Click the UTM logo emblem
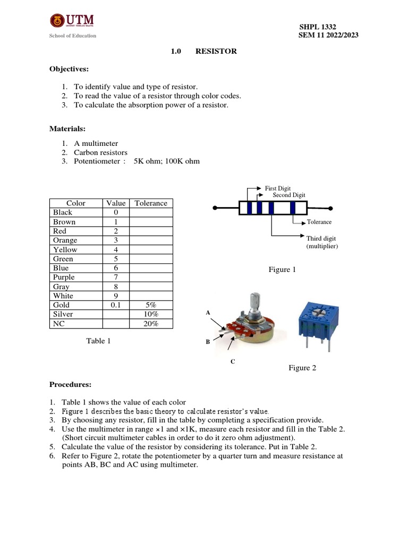click(x=56, y=21)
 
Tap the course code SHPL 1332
click(x=318, y=27)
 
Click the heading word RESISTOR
click(x=216, y=51)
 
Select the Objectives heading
click(x=69, y=69)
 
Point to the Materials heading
click(x=67, y=129)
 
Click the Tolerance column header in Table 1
click(x=151, y=203)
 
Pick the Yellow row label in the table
click(x=65, y=250)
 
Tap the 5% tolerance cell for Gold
click(x=151, y=305)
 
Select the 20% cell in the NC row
click(x=151, y=324)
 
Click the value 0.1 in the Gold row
click(x=116, y=305)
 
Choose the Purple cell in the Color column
click(x=64, y=277)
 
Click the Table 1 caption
click(x=98, y=341)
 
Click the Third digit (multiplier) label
click(x=322, y=242)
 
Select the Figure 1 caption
click(x=283, y=270)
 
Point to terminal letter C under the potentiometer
click(x=232, y=361)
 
